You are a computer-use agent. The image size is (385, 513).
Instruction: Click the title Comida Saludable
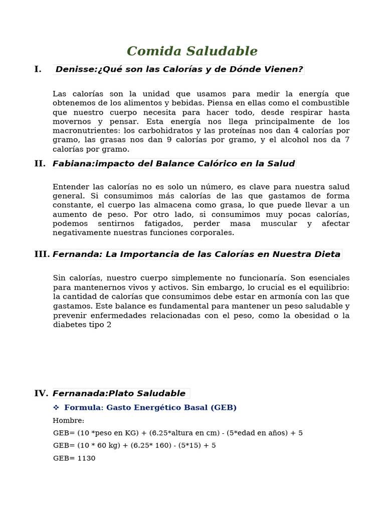(x=192, y=51)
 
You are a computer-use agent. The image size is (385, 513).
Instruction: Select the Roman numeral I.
(x=38, y=69)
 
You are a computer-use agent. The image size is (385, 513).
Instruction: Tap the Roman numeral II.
(x=40, y=163)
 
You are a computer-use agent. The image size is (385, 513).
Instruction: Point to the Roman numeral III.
(x=42, y=254)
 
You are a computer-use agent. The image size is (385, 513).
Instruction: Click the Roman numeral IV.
(x=41, y=393)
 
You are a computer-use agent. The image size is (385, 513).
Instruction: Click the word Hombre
(x=68, y=420)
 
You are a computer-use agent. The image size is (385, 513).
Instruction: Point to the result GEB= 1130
(x=74, y=458)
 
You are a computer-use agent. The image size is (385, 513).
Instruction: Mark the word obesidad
(x=304, y=315)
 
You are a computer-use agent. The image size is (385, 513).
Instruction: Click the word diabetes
(x=69, y=325)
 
